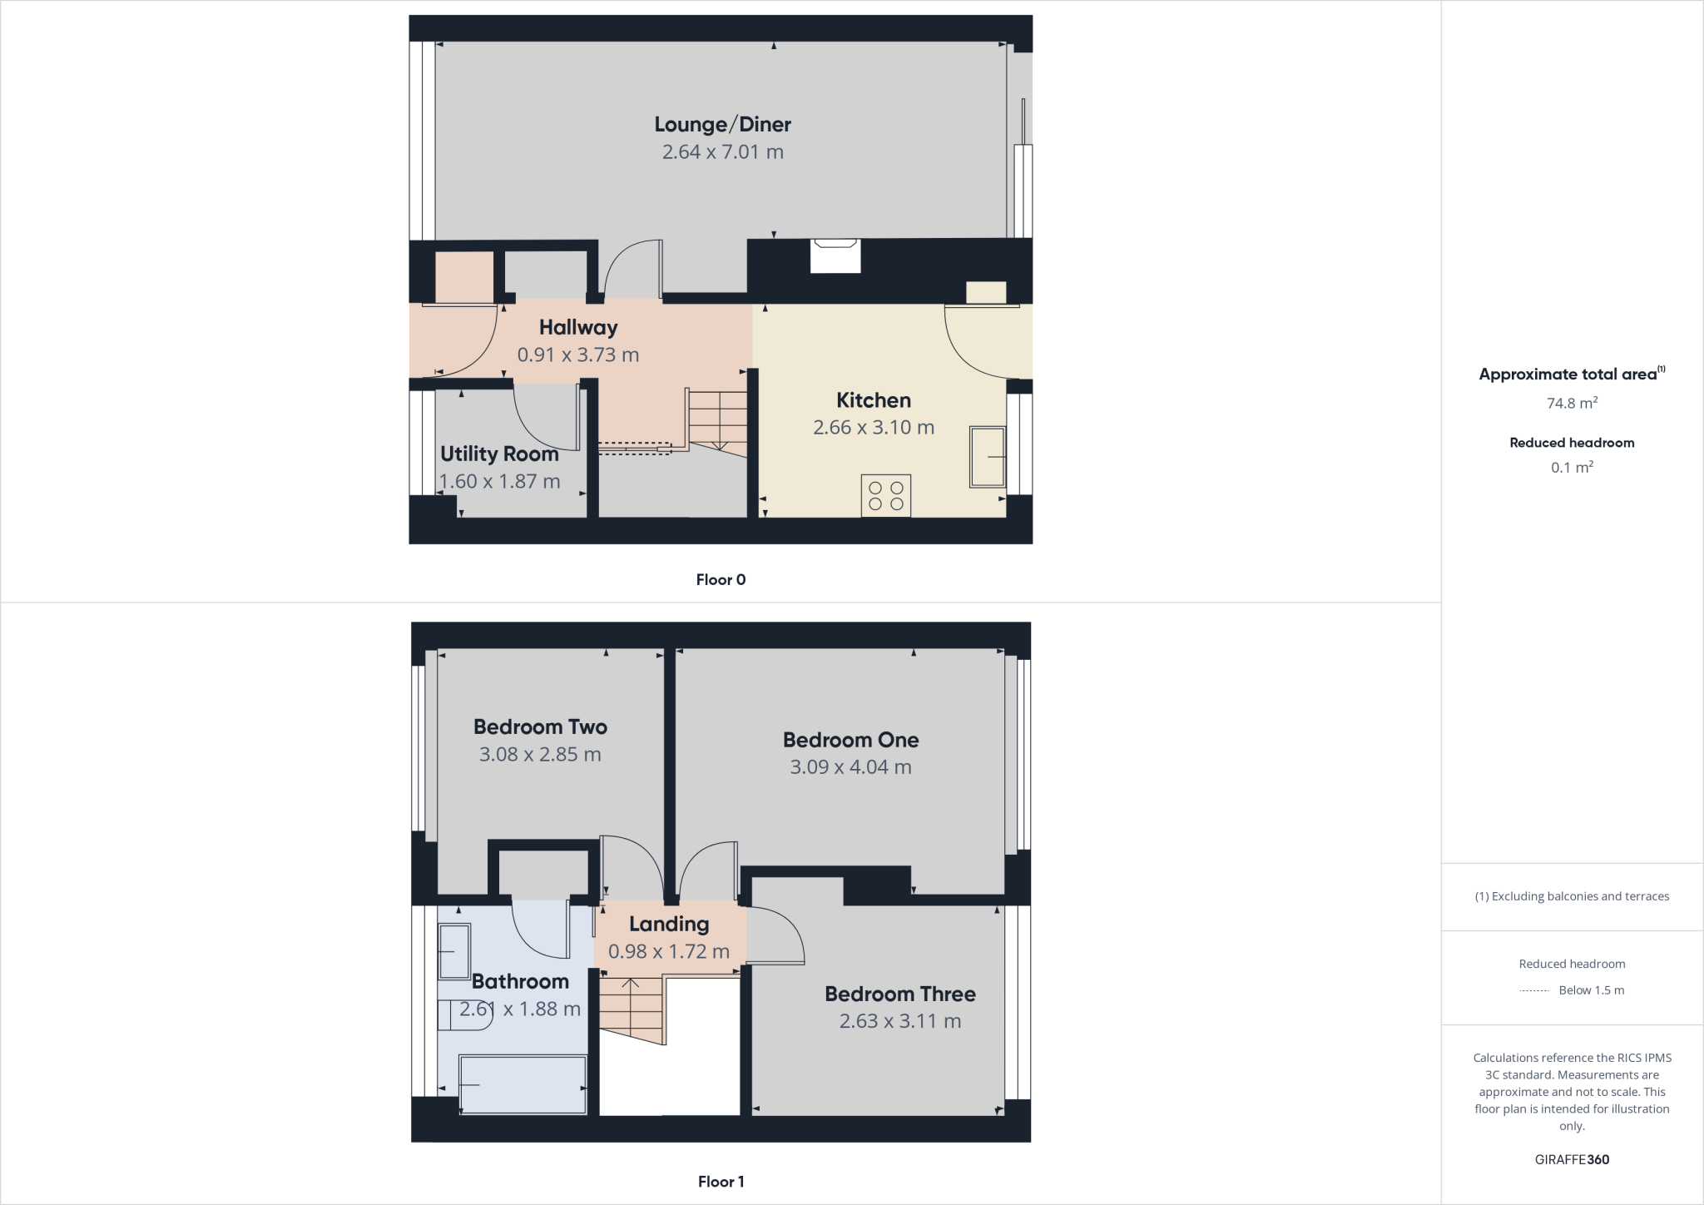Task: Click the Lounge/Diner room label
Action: (722, 124)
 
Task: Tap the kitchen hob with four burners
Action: (885, 495)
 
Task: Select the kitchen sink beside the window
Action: (987, 457)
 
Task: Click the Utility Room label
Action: (499, 454)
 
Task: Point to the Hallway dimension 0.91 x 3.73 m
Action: (578, 355)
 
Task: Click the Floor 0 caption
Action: (721, 580)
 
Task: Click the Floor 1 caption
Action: (721, 1182)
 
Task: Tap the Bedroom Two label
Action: (540, 726)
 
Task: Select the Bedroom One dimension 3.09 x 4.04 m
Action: (850, 767)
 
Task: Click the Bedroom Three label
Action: (900, 994)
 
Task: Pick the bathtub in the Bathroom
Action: (523, 1084)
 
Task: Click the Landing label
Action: (669, 924)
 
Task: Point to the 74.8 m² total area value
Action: (1572, 404)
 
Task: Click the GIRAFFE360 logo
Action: (1572, 1159)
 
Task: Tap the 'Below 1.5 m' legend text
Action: (1591, 990)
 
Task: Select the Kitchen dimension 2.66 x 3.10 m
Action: (874, 428)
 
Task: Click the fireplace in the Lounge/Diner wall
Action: (835, 255)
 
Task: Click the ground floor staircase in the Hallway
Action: (716, 420)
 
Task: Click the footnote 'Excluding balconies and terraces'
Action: (1572, 896)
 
